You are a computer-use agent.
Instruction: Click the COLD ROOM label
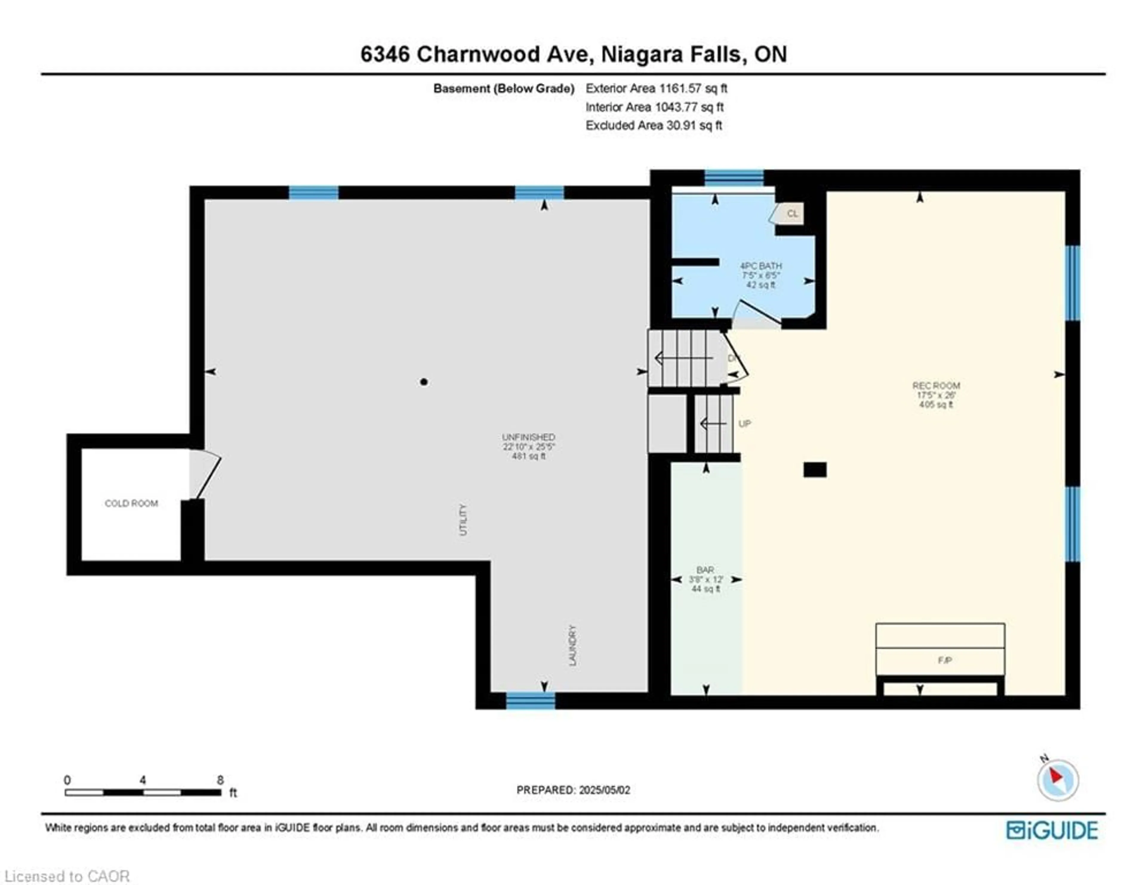tap(131, 503)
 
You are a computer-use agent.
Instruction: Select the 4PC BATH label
tap(760, 266)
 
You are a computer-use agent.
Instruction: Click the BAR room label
tap(705, 570)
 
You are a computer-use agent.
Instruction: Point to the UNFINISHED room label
tap(529, 437)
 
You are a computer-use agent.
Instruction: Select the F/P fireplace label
tap(945, 660)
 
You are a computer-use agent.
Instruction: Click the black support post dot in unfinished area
tap(424, 382)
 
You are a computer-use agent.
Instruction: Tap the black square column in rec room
tap(815, 470)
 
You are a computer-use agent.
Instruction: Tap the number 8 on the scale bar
tap(220, 780)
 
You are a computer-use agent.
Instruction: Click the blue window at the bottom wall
tap(531, 701)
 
